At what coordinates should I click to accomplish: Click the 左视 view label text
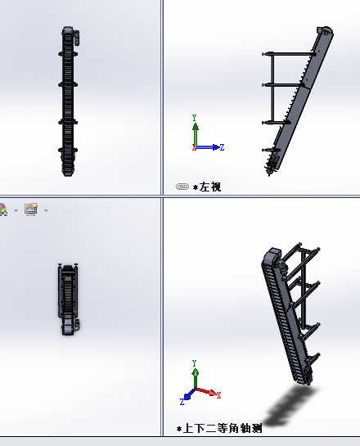209,187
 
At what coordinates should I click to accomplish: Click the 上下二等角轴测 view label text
222,428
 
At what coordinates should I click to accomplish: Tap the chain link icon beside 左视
182,187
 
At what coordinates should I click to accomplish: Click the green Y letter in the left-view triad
195,118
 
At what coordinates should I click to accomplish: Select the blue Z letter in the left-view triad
222,147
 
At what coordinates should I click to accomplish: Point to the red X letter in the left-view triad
194,147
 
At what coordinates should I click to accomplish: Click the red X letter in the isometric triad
218,395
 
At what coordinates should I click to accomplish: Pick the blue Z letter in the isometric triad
182,402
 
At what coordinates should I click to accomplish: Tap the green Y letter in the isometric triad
194,363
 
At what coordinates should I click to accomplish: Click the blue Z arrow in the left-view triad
208,147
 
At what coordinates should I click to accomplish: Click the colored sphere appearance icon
2,209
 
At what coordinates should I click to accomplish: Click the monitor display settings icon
31,209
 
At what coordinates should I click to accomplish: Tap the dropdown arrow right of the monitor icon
46,210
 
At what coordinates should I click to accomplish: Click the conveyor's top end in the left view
325,30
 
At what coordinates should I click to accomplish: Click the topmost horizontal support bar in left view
288,54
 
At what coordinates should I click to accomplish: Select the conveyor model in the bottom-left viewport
68,300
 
